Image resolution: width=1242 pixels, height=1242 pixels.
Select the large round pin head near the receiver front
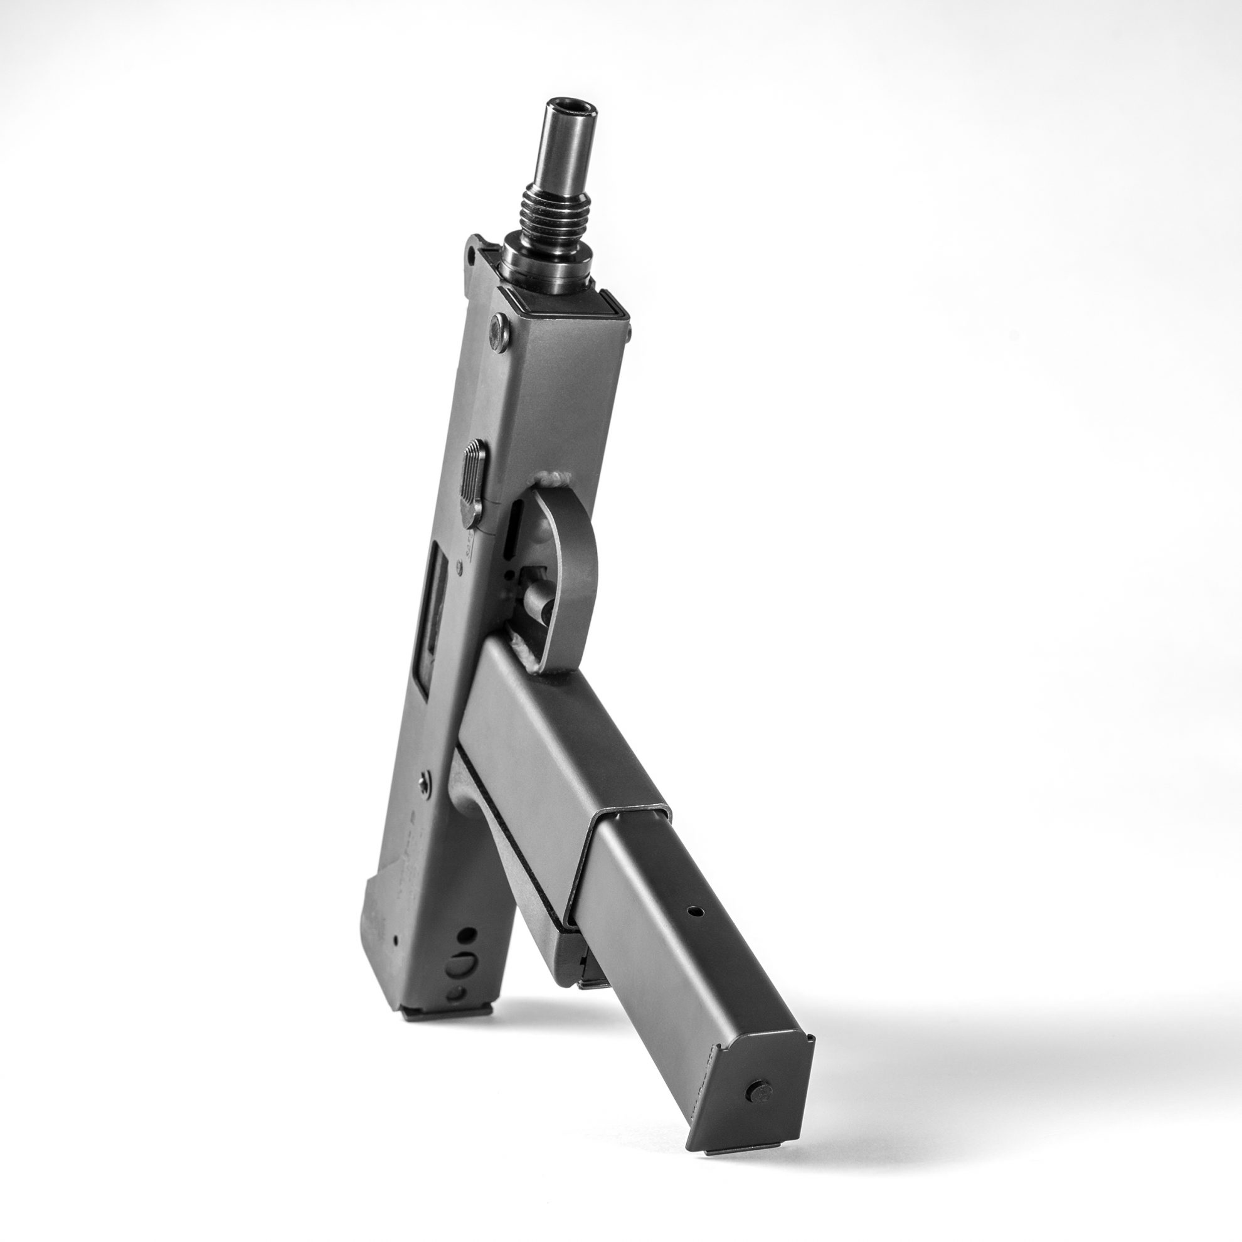(499, 332)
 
